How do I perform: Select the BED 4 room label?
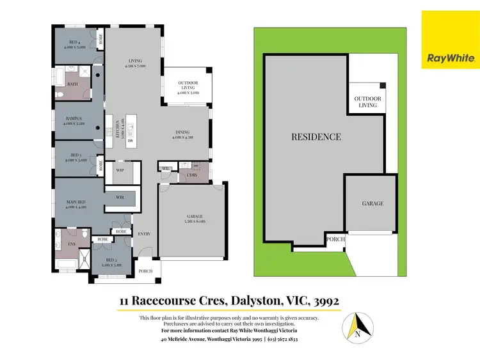75,43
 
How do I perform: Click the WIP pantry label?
119,171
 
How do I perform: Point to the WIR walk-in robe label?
119,198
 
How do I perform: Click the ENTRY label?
144,234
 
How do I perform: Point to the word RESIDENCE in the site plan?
316,137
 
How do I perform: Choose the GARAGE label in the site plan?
372,203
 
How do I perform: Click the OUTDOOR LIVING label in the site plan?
367,102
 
